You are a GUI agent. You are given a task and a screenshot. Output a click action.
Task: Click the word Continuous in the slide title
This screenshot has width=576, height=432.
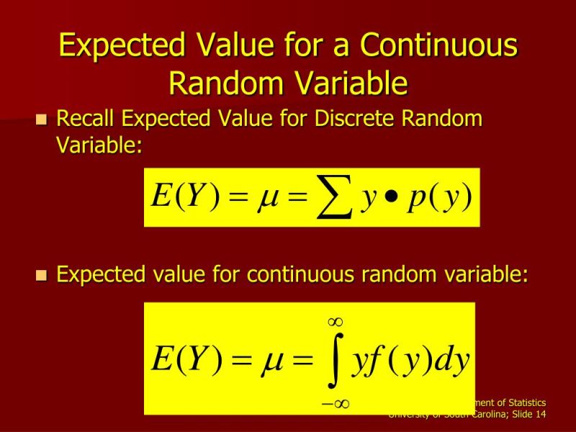pos(439,46)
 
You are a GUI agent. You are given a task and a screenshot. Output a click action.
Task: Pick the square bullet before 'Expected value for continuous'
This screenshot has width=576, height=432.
pos(41,276)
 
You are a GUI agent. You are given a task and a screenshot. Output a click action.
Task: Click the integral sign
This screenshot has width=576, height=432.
pos(335,360)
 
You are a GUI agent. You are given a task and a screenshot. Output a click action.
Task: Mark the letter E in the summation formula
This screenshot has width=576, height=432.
pos(161,197)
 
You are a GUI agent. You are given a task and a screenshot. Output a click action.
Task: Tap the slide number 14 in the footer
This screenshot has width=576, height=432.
pos(539,415)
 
